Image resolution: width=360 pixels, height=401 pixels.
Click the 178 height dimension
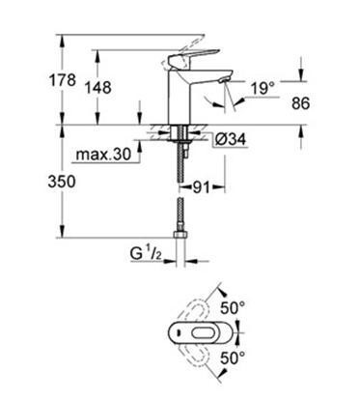tap(62, 79)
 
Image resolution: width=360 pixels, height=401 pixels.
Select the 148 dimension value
tap(97, 87)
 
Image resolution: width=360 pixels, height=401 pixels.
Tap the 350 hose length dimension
tap(62, 182)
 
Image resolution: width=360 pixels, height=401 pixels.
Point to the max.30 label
tap(103, 155)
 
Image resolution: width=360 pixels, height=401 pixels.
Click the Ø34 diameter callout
tap(231, 139)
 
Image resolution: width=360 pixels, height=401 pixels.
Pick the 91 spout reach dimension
tap(201, 187)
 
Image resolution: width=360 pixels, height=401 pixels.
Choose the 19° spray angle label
tap(263, 88)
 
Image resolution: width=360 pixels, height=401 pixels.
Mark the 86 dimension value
tap(300, 103)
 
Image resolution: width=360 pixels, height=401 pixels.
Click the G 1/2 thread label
tap(146, 254)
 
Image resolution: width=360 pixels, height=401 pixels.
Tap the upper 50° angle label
tap(233, 308)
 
